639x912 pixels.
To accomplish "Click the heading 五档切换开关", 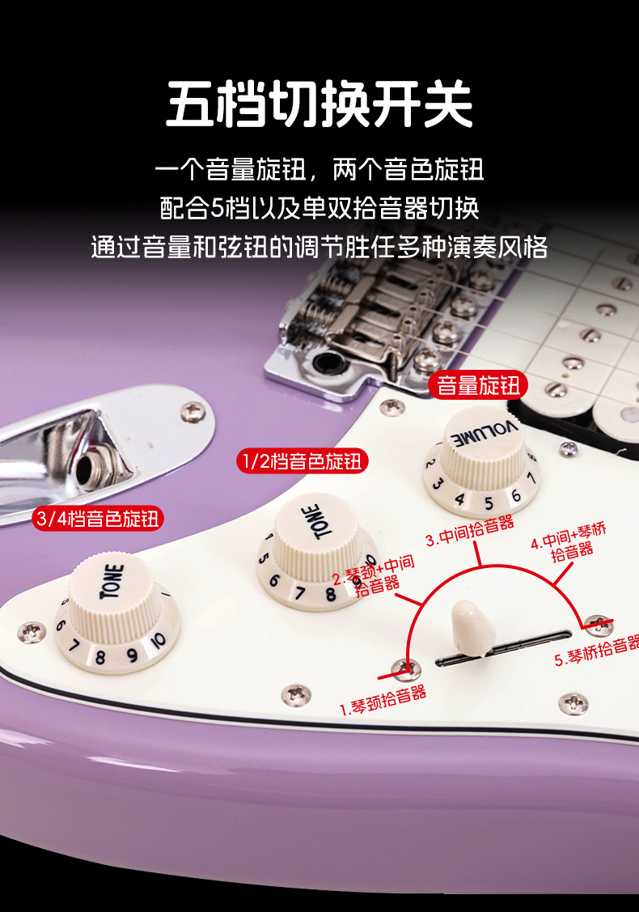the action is [319, 104].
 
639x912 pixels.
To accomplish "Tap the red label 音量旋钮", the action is [478, 386].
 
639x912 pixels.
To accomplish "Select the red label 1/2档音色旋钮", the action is [303, 461].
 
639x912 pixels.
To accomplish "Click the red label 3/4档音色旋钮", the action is [98, 518].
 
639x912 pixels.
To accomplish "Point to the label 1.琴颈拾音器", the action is [383, 700].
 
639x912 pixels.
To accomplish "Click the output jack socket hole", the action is [88, 469].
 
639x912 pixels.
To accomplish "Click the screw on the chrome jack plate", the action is [193, 412].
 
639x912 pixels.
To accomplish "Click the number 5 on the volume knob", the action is [489, 503].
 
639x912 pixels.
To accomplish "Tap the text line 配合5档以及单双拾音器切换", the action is [319, 208].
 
